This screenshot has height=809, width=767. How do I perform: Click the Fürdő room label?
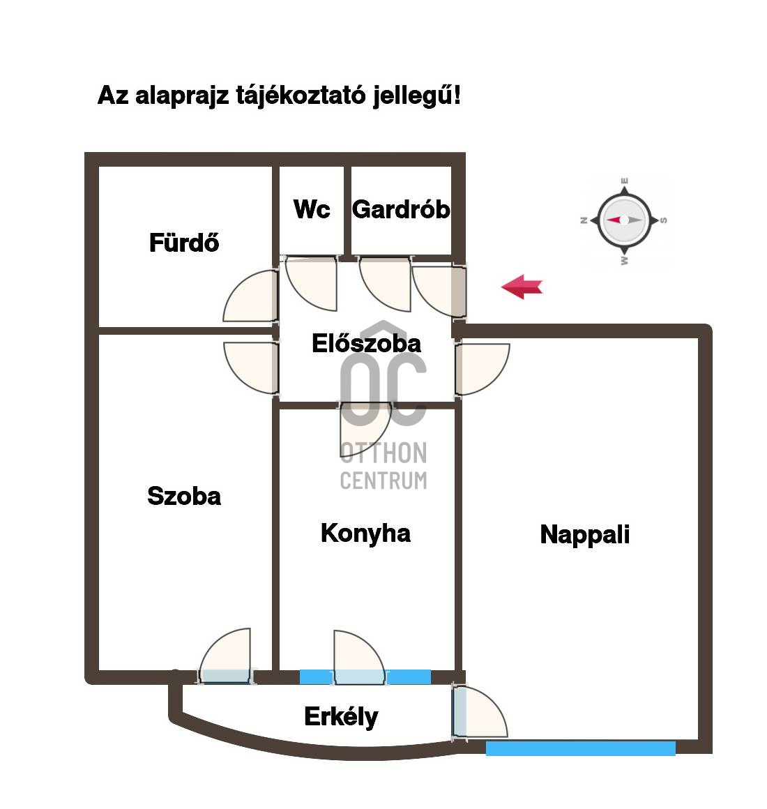pos(184,243)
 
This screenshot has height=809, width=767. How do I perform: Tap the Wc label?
pos(312,209)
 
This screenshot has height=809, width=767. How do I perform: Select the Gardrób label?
pos(401,209)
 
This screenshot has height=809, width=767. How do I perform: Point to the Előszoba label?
pos(366,343)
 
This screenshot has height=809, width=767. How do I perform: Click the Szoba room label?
pos(184,496)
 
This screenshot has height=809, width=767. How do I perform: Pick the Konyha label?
pos(365,534)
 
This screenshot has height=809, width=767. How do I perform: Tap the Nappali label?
pos(585,534)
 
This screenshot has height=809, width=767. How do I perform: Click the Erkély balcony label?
pos(341,717)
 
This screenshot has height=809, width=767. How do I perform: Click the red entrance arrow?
pos(522,287)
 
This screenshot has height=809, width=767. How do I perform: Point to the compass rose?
pos(624,220)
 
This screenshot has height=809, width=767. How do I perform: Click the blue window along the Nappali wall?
pos(580,748)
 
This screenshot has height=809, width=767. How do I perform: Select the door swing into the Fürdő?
pos(251,296)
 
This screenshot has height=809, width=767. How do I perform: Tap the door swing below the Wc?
pos(311,283)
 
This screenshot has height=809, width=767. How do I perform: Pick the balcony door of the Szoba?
pos(225,656)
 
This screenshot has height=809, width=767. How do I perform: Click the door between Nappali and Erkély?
pos(480,711)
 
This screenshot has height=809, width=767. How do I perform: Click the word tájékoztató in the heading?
pos(301,96)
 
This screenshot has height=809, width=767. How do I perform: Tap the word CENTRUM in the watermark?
pos(383,481)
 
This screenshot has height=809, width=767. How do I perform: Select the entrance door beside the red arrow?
pos(439,291)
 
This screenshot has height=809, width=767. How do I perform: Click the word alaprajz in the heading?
pos(181,97)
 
